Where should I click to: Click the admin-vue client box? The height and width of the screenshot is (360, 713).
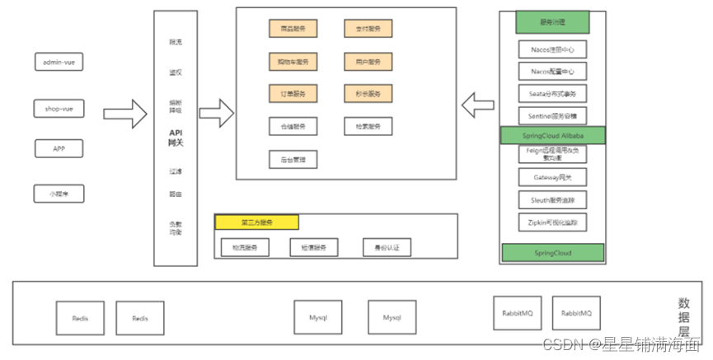[59, 62]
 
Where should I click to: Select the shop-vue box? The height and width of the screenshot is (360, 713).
[59, 108]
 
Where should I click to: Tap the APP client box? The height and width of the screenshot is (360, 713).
[59, 148]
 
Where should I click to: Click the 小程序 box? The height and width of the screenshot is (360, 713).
[59, 194]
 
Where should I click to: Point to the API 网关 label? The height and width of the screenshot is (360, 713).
[176, 137]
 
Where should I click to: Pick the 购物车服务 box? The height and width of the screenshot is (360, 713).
[293, 62]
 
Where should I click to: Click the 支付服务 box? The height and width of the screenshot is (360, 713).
[368, 29]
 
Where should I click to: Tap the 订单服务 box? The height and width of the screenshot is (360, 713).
[293, 94]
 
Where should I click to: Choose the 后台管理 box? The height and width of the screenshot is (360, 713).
[293, 159]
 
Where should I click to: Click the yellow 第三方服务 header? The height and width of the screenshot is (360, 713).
[256, 222]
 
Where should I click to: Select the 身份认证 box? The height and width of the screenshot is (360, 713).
[387, 247]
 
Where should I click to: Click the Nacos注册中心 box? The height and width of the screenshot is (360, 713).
[552, 49]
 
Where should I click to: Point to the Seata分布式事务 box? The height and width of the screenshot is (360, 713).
[552, 92]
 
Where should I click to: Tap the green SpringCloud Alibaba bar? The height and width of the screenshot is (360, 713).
[552, 134]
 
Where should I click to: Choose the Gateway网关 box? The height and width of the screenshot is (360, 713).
[552, 177]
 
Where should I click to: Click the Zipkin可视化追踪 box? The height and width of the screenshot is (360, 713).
[552, 222]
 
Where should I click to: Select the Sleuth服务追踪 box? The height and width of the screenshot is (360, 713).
[552, 199]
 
